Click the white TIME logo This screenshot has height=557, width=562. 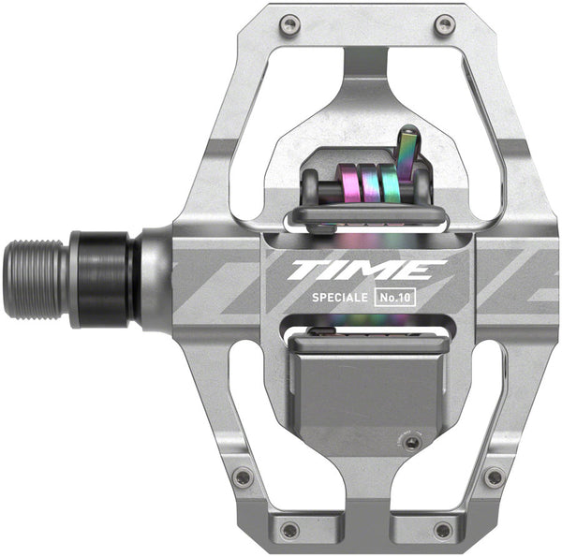click(365, 271)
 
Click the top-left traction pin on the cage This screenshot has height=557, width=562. click(289, 24)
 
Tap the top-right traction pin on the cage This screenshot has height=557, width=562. click(445, 24)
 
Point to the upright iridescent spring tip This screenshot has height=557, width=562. click(407, 150)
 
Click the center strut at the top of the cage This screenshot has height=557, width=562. click(367, 66)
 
